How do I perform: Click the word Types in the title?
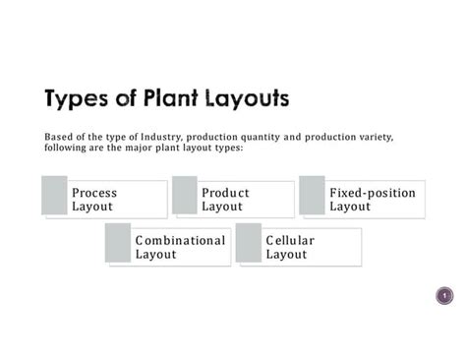point(82,99)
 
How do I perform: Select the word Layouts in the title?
point(254,99)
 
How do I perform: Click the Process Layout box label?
point(93,200)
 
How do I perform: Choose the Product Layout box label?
point(225,200)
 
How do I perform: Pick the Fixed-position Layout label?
point(372,200)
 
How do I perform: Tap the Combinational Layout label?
point(180,247)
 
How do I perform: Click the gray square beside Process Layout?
point(55,195)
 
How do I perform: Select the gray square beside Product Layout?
point(185,195)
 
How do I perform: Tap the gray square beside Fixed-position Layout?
point(313,195)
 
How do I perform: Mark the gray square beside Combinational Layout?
point(119,242)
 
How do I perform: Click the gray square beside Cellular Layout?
point(249,242)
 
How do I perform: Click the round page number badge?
point(444,296)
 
